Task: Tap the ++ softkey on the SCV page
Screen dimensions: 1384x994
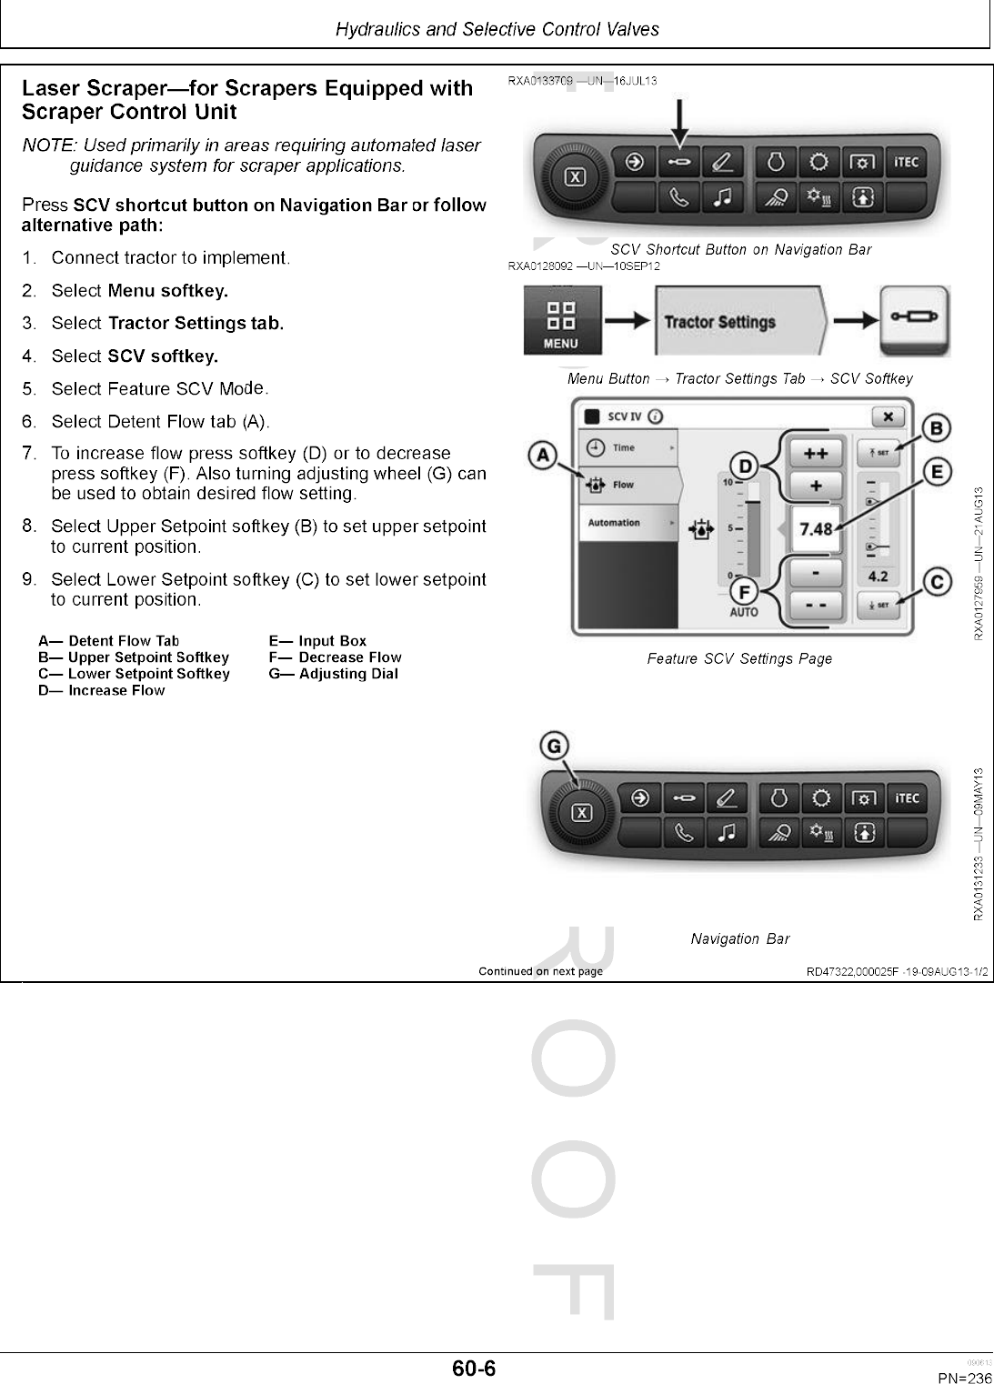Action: click(815, 453)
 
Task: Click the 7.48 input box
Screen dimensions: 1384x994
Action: click(815, 528)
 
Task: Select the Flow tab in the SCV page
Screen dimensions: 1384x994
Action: click(628, 485)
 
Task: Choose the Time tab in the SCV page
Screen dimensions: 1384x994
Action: click(627, 447)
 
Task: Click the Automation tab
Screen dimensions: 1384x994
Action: click(627, 523)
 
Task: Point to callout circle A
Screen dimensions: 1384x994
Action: click(544, 455)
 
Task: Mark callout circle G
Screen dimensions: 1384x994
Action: click(553, 746)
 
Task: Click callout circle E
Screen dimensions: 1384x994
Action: click(937, 471)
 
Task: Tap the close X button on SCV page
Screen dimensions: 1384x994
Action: click(888, 416)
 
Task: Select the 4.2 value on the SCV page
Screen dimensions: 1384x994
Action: click(878, 577)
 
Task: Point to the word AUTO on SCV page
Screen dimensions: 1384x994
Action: click(744, 612)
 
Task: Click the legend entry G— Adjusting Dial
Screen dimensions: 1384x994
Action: click(333, 674)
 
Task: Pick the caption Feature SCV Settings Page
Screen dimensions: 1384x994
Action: click(739, 658)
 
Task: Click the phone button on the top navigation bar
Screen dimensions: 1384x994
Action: click(679, 196)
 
